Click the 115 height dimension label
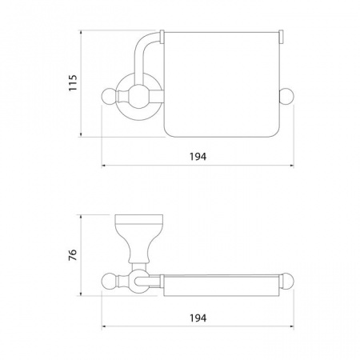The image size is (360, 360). click(73, 82)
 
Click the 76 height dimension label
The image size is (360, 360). click(73, 255)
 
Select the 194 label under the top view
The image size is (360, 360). click(198, 157)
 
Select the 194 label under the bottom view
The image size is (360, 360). click(198, 318)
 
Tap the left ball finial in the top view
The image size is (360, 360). click(109, 96)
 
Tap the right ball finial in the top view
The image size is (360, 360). click(286, 96)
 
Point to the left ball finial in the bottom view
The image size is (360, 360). click(109, 281)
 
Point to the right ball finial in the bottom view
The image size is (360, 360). click(286, 281)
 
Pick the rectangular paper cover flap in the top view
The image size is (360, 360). click(222, 85)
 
